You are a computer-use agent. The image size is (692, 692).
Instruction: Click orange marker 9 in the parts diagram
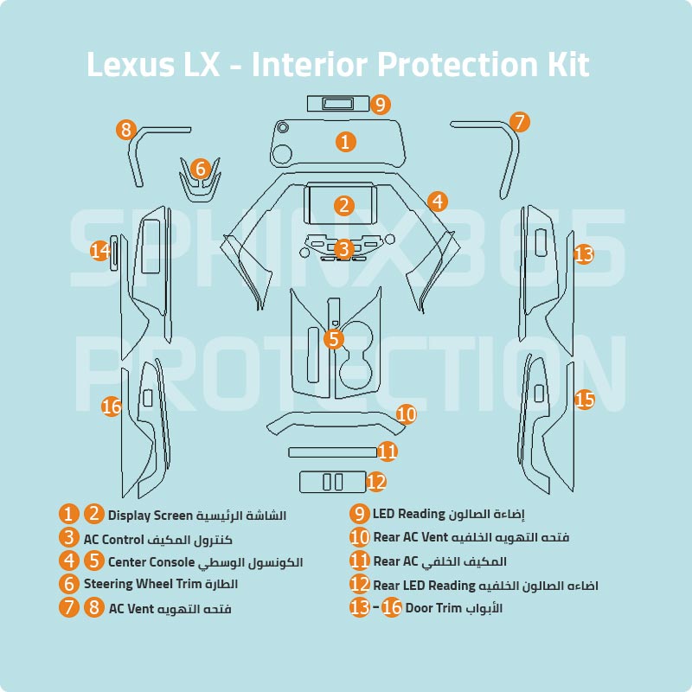pos(381,105)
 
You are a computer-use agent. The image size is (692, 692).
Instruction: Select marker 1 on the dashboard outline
pos(345,141)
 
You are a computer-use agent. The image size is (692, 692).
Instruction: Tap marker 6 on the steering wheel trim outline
pos(200,169)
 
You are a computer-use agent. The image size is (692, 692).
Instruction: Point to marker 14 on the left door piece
pos(100,251)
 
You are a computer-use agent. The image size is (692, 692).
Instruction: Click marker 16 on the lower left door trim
pos(111,406)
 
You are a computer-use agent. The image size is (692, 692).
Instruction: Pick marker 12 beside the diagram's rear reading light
pos(375,482)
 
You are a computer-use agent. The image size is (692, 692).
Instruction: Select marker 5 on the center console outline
pos(334,339)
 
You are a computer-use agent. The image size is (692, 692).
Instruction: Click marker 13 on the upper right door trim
pos(584,254)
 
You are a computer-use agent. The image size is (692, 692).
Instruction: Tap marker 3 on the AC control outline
pos(344,249)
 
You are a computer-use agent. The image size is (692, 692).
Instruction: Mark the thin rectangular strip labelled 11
pos(332,451)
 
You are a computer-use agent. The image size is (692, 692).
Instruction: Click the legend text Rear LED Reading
pos(424,586)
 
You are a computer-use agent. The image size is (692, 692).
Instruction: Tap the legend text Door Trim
pos(432,608)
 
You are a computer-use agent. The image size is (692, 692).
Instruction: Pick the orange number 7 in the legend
pos(70,607)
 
